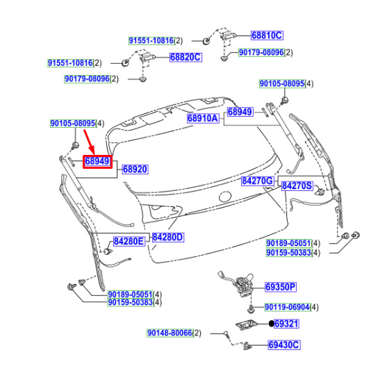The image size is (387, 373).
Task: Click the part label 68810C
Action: (267, 35)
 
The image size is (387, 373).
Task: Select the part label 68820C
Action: (186, 57)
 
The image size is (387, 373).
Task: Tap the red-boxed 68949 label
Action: (97, 162)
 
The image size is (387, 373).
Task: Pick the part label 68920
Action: (135, 169)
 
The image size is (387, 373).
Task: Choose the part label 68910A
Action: (203, 118)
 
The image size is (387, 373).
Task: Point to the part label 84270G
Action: (258, 181)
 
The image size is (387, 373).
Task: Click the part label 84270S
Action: (297, 185)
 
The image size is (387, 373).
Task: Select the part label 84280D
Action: (168, 238)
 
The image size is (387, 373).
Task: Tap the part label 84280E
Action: (129, 242)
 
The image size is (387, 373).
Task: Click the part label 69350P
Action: (281, 287)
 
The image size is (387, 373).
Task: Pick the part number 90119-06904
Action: (287, 308)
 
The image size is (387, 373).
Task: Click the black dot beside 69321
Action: (271, 324)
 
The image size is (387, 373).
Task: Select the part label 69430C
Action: (284, 345)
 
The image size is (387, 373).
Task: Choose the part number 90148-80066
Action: (170, 333)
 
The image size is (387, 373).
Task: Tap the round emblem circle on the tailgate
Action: (225, 197)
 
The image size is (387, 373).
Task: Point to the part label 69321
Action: (286, 324)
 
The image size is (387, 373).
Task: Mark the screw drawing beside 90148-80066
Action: (227, 335)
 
